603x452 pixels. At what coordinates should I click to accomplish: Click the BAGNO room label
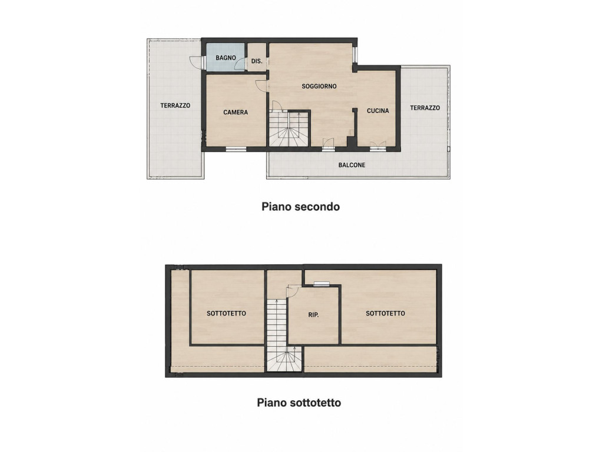[226, 58]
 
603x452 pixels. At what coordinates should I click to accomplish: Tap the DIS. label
[257, 61]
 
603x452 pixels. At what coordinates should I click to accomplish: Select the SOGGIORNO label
[319, 87]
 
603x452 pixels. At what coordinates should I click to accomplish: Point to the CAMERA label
[236, 112]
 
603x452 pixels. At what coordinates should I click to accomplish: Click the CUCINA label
[378, 111]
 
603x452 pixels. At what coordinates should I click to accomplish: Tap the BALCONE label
[352, 165]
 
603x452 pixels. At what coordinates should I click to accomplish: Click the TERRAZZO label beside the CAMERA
[175, 105]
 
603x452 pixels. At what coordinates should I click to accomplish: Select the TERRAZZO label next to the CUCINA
[425, 108]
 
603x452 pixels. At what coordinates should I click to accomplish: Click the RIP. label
[314, 315]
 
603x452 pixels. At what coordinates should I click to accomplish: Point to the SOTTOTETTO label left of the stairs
[227, 313]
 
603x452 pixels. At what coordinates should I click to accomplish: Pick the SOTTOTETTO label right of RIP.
[385, 313]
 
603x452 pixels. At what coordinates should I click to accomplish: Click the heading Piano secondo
[301, 207]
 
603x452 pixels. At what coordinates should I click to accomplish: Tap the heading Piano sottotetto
[299, 403]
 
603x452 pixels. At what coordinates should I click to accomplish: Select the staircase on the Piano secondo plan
[289, 128]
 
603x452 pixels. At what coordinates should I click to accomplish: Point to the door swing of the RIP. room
[292, 291]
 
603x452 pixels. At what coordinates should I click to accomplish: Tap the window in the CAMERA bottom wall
[236, 149]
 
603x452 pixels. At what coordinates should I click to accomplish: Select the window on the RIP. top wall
[322, 284]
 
